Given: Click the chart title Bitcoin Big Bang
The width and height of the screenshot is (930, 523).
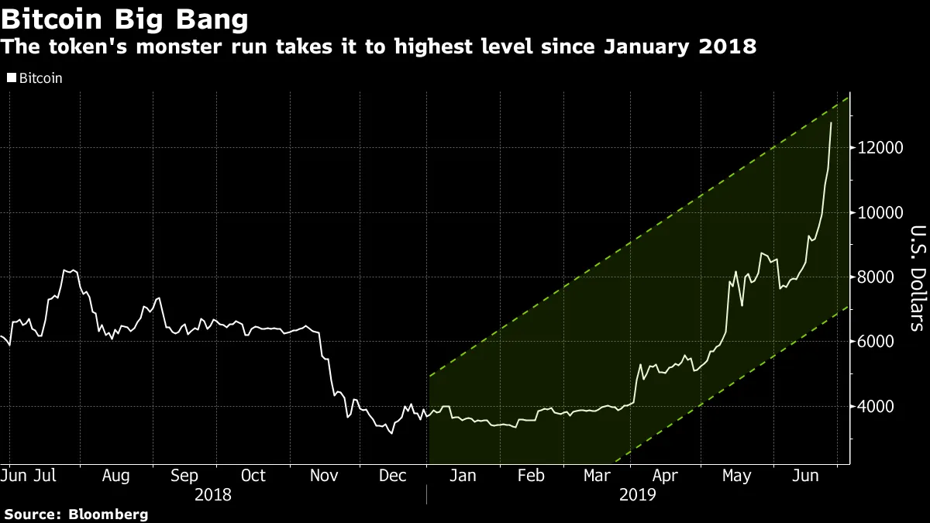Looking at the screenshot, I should click(125, 17).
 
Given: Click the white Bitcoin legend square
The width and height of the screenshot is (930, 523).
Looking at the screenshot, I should click(11, 78).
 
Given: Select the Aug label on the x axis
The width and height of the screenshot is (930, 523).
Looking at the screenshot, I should click(115, 475).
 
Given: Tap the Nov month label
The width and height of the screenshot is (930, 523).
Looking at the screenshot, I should click(324, 475).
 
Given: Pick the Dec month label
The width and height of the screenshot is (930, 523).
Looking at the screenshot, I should click(392, 475).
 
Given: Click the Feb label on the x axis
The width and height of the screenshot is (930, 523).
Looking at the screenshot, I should click(531, 475).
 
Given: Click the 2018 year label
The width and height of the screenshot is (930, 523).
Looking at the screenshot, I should click(213, 494).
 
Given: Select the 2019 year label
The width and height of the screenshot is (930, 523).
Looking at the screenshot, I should click(638, 494).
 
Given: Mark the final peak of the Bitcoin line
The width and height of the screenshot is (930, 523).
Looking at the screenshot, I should click(832, 123).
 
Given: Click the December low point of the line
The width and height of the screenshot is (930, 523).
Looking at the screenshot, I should click(391, 433).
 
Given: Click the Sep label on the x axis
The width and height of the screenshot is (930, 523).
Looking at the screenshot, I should click(184, 475).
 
